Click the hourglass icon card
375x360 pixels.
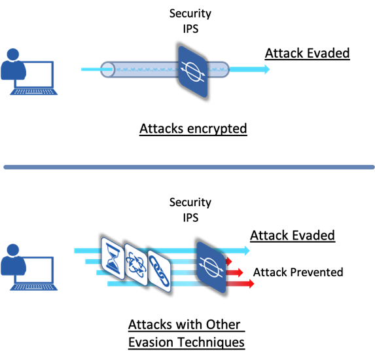(113, 259)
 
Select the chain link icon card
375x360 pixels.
(159, 272)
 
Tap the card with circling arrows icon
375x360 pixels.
(136, 265)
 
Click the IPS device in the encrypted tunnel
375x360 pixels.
(193, 71)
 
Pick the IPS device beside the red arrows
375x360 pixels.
(211, 267)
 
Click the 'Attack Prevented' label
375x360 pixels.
(298, 272)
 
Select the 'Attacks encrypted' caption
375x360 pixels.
(193, 129)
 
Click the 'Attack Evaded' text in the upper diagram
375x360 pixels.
(308, 53)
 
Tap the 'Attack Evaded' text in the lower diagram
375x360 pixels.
(293, 236)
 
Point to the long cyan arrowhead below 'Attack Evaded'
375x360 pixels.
(247, 251)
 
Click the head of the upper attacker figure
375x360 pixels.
(13, 54)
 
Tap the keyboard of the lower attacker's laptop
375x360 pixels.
(34, 287)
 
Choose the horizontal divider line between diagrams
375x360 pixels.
(189, 167)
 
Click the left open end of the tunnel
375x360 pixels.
(107, 69)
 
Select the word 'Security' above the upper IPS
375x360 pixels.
(190, 14)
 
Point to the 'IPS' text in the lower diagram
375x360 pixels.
(190, 218)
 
